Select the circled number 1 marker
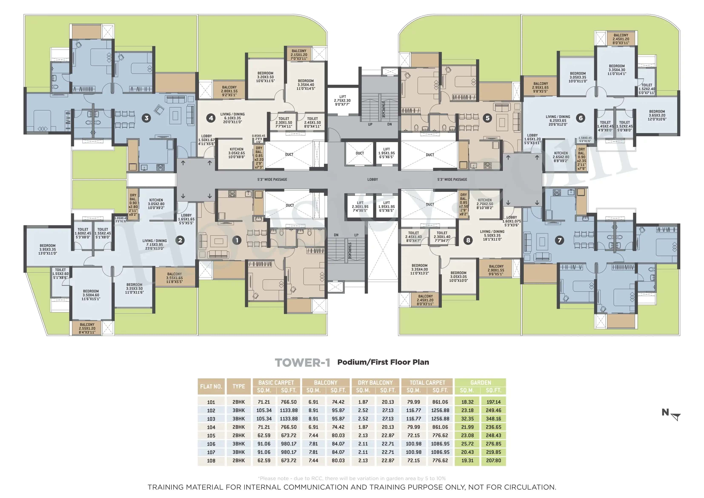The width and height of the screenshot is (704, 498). pyautogui.click(x=237, y=240)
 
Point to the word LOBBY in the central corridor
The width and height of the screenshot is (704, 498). pyautogui.click(x=373, y=179)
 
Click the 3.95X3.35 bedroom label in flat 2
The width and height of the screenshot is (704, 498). pyautogui.click(x=47, y=250)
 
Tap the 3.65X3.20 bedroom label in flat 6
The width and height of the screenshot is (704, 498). pyautogui.click(x=657, y=115)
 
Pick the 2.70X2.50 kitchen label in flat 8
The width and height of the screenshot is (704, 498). pyautogui.click(x=485, y=204)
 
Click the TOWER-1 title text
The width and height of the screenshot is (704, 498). pyautogui.click(x=302, y=363)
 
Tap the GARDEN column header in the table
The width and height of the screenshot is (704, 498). pyautogui.click(x=481, y=383)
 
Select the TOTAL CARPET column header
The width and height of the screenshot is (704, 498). pyautogui.click(x=427, y=383)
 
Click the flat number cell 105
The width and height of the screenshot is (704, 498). pyautogui.click(x=211, y=436)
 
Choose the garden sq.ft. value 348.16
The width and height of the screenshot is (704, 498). pyautogui.click(x=493, y=419)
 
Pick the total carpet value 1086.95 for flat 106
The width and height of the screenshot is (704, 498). pyautogui.click(x=440, y=444)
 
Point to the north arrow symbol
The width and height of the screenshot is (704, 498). pyautogui.click(x=675, y=417)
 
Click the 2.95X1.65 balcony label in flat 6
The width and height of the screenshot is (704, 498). pyautogui.click(x=540, y=88)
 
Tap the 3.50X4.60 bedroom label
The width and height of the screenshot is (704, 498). pyautogui.click(x=91, y=295)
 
